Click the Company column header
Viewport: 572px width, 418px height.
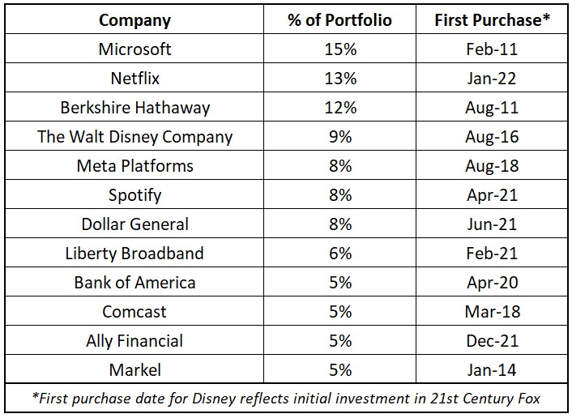pyautogui.click(x=134, y=19)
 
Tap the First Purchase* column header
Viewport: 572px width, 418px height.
pyautogui.click(x=492, y=19)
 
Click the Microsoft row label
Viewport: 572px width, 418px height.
pyautogui.click(x=134, y=49)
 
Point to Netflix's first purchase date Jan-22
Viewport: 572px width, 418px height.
pyautogui.click(x=492, y=78)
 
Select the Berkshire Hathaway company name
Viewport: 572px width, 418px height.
pyautogui.click(x=134, y=107)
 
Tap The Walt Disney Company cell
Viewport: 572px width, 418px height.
pyautogui.click(x=134, y=136)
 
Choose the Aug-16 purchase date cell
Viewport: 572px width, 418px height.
pyautogui.click(x=492, y=136)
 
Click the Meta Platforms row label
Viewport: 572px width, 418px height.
pyautogui.click(x=134, y=165)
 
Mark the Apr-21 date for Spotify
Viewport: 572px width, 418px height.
pyautogui.click(x=492, y=194)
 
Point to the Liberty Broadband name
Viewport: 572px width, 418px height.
pyautogui.click(x=134, y=253)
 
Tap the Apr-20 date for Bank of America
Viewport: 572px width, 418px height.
pyautogui.click(x=492, y=282)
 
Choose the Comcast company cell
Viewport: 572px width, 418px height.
pyautogui.click(x=134, y=311)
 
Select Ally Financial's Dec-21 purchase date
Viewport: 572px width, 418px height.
pyautogui.click(x=492, y=340)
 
